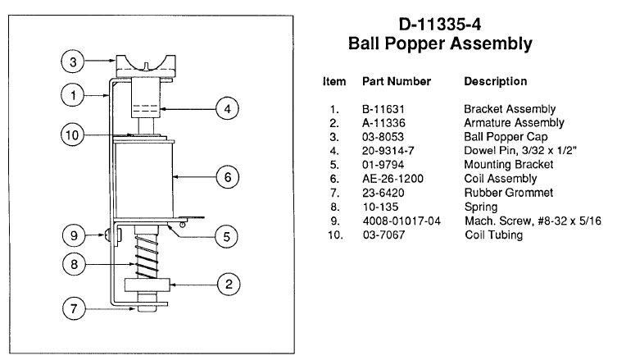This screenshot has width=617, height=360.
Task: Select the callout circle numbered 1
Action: pyautogui.click(x=74, y=96)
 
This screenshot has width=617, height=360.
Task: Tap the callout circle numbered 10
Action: pyautogui.click(x=74, y=134)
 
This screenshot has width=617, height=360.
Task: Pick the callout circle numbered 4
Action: pyautogui.click(x=227, y=107)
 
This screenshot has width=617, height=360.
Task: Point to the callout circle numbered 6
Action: pyautogui.click(x=227, y=176)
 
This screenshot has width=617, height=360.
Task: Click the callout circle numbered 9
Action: pyautogui.click(x=74, y=235)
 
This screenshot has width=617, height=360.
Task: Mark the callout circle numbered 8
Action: pyautogui.click(x=74, y=264)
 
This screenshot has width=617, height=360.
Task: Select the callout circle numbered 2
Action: pyautogui.click(x=227, y=285)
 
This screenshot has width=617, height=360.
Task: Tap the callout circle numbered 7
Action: pyautogui.click(x=74, y=309)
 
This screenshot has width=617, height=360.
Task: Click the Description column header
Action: pyautogui.click(x=495, y=82)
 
